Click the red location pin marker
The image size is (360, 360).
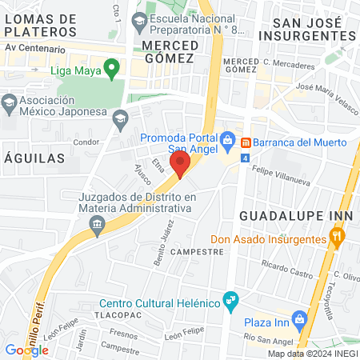click(181, 164)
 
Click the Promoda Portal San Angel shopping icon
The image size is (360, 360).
click(228, 142)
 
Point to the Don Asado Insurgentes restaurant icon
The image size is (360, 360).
click(338, 237)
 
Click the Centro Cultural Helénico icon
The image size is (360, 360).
click(232, 302)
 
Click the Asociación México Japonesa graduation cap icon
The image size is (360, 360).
click(10, 102)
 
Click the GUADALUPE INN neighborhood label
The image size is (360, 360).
click(291, 216)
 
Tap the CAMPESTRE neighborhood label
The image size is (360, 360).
click(196, 251)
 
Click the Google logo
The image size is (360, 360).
click(26, 350)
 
